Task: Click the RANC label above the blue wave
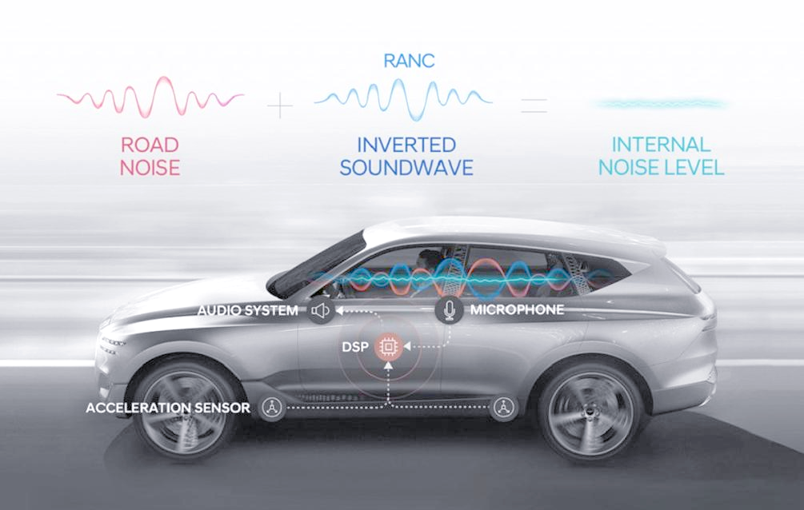409,61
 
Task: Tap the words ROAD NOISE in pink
150,156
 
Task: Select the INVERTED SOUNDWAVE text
406,156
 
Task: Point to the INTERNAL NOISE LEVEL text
662,156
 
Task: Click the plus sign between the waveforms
280,106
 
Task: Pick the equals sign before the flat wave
534,105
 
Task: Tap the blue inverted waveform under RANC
403,99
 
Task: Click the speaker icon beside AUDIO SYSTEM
321,310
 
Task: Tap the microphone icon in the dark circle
450,309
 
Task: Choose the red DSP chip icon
388,347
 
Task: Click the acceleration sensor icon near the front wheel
272,408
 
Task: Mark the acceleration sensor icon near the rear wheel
503,408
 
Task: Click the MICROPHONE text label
517,309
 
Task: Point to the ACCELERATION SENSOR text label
168,408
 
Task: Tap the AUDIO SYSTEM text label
248,310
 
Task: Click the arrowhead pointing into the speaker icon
339,310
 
